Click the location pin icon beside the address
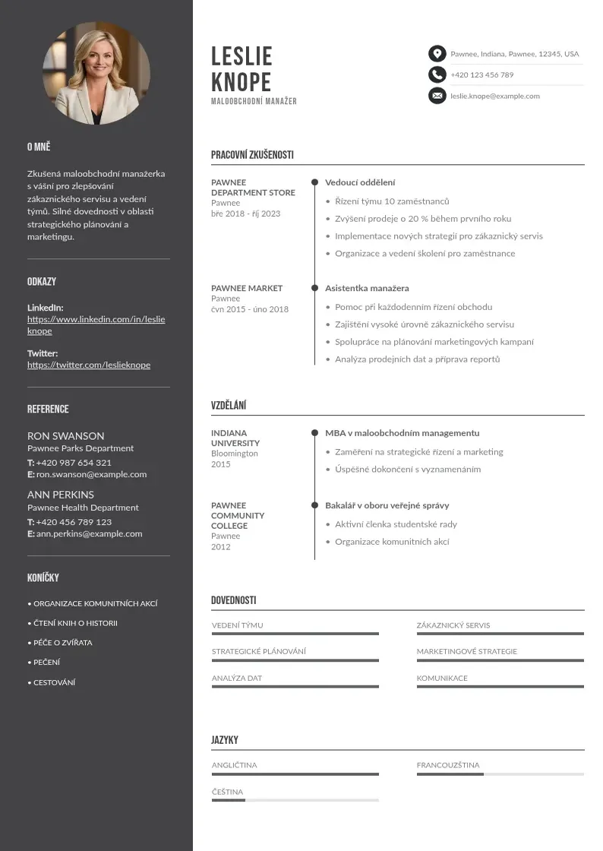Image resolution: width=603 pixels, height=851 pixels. tap(437, 54)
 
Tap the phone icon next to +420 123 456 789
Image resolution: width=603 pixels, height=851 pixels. tap(437, 74)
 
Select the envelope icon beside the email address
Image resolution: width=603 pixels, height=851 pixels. tap(437, 96)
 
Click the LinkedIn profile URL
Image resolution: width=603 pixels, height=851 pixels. tap(96, 325)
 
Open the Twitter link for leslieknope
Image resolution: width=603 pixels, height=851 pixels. tap(89, 365)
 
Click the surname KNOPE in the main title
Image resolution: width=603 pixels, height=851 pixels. tap(241, 81)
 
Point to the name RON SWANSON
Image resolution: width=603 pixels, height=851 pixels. tap(66, 436)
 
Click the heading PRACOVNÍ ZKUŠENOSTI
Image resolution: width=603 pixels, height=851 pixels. tap(252, 155)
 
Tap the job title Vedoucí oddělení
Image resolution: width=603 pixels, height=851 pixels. tap(360, 182)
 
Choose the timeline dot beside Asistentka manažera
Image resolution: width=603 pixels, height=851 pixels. tap(314, 288)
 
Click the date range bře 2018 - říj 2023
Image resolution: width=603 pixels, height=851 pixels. tap(245, 214)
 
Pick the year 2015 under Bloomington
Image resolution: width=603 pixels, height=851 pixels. tap(220, 463)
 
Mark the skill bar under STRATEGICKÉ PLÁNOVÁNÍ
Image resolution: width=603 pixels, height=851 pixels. tap(295, 660)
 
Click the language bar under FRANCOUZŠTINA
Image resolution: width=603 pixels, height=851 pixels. tap(500, 774)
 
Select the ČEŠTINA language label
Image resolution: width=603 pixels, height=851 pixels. tap(227, 792)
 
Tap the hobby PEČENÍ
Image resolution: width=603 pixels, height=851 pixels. tap(46, 663)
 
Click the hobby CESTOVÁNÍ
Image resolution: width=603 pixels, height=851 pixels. tap(54, 682)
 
